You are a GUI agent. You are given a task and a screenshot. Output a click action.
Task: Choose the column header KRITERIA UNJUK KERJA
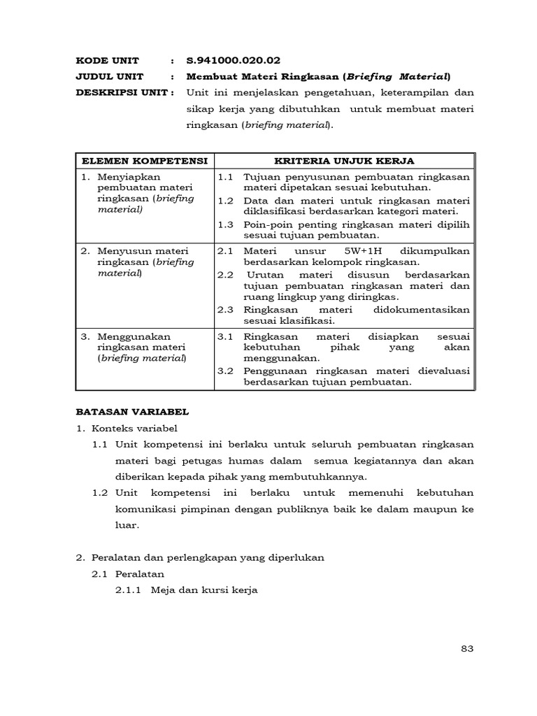pos(344,161)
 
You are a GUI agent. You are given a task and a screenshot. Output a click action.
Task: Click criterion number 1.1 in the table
pos(225,178)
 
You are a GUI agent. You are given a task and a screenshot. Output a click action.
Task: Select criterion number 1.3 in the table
pos(225,224)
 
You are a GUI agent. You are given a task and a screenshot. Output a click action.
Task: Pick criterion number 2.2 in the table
pos(225,274)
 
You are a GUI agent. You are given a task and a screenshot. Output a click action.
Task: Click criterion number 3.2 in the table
pos(225,371)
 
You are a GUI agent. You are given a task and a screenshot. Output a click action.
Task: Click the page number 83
pos(468,648)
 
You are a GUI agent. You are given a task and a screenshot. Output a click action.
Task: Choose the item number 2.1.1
pos(128,589)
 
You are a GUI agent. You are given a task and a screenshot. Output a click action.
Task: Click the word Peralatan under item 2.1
pos(140,573)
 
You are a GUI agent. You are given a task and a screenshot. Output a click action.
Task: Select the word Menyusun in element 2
pos(122,251)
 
